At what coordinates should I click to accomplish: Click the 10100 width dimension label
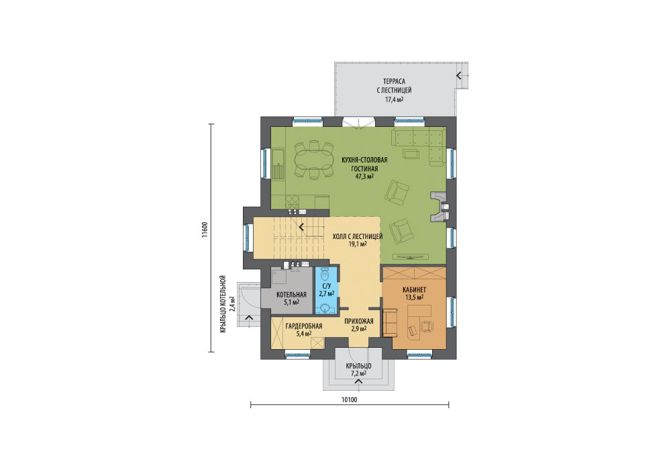(349, 399)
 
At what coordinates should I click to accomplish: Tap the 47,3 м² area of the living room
(364, 176)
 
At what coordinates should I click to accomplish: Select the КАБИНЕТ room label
(414, 290)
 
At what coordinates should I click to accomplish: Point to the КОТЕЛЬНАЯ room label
(291, 295)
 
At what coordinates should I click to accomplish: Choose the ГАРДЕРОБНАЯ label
(304, 326)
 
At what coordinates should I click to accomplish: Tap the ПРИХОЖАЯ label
(359, 321)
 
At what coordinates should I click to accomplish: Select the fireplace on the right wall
(440, 207)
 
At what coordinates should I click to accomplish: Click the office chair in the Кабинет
(427, 326)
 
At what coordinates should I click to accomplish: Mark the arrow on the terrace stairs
(459, 76)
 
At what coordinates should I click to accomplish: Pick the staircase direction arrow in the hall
(302, 226)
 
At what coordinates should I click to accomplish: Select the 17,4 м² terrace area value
(394, 100)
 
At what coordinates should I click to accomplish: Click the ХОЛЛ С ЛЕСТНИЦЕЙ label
(358, 236)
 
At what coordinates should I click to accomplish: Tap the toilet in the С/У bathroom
(325, 273)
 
